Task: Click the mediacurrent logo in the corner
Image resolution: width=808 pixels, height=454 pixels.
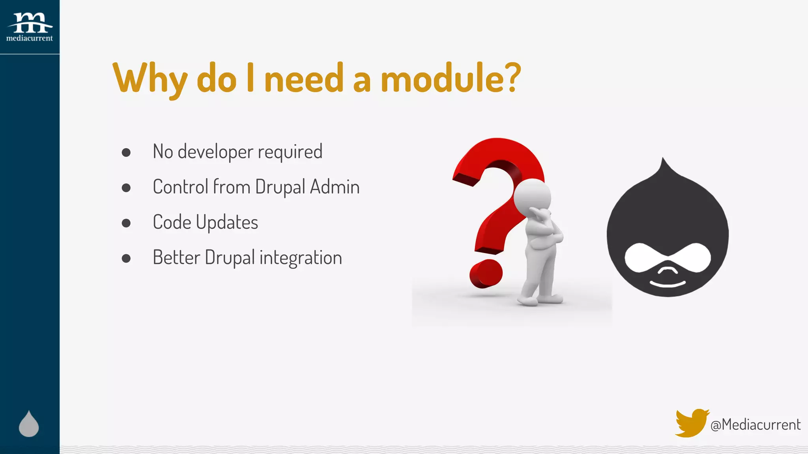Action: click(30, 27)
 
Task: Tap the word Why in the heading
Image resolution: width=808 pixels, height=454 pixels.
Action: click(150, 79)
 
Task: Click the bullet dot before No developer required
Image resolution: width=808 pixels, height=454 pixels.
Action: click(126, 153)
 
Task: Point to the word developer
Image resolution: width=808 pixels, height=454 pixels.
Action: click(215, 152)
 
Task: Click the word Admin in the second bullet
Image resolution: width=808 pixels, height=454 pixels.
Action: click(335, 187)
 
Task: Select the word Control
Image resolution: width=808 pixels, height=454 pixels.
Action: click(180, 187)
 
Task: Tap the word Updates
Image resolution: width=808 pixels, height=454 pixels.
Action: click(227, 223)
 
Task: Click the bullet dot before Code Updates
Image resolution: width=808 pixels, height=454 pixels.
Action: click(126, 223)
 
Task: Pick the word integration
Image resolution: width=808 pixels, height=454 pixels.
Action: click(301, 258)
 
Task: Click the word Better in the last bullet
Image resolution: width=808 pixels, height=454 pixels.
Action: click(176, 258)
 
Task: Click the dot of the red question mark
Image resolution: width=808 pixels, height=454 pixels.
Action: click(486, 274)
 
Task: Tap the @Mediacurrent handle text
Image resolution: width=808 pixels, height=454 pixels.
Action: click(755, 425)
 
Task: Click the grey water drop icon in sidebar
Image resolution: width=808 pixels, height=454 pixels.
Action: click(29, 424)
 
